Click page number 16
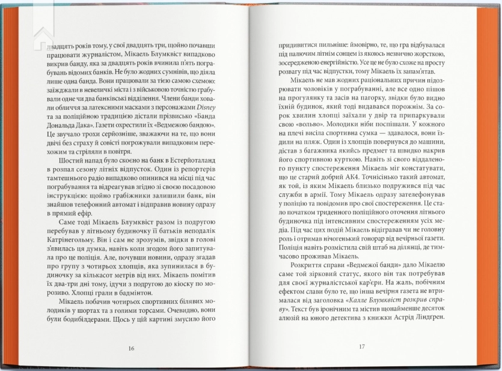point(132,348)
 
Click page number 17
point(361,346)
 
